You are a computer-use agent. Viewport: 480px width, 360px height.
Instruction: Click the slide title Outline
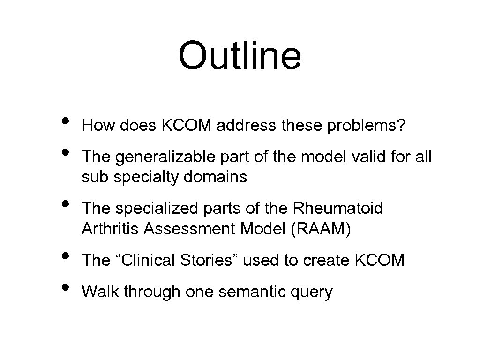[x=240, y=55]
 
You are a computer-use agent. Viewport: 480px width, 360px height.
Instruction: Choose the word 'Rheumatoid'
[x=339, y=208]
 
